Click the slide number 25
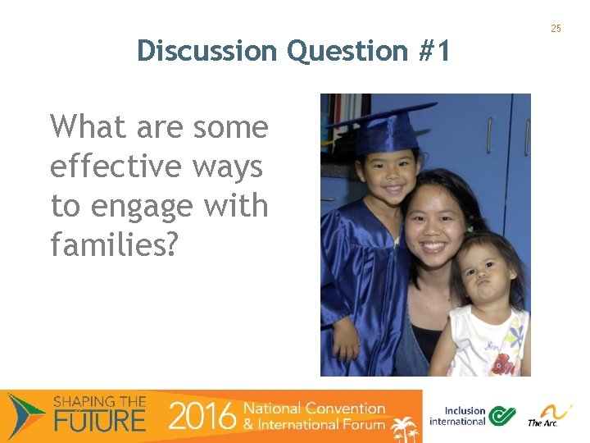[556, 29]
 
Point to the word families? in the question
[114, 244]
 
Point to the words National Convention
[315, 408]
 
